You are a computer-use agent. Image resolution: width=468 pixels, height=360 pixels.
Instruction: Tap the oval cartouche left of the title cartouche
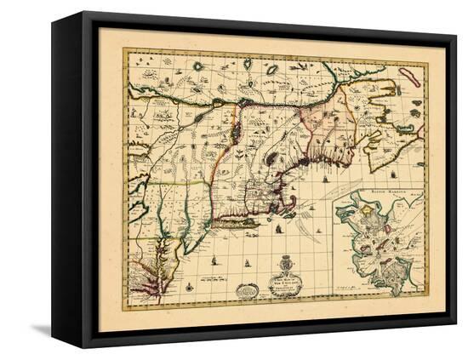tap(248, 290)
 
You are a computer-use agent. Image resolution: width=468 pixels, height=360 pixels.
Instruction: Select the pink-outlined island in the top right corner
tap(409, 77)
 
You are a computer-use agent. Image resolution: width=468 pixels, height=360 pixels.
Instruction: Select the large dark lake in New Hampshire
tap(271, 157)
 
